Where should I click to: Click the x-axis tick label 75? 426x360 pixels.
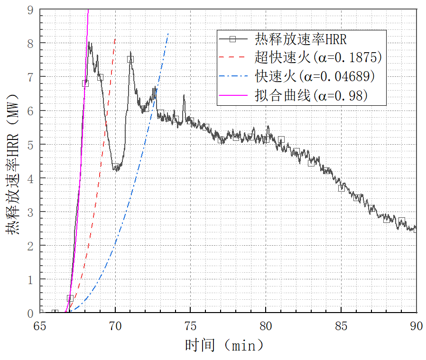tap(191, 326)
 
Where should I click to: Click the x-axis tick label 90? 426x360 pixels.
tap(416, 326)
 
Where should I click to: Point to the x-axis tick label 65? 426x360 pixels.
tap(40, 326)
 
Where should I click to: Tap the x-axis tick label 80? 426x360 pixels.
tap(266, 326)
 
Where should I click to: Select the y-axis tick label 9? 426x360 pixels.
tap(31, 9)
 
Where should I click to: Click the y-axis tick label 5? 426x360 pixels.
tap(31, 144)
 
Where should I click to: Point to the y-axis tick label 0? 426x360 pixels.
tap(31, 313)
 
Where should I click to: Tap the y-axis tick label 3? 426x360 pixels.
tap(31, 212)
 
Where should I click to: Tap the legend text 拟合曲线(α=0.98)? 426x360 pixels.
tap(312, 96)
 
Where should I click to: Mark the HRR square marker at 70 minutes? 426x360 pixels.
tap(115, 166)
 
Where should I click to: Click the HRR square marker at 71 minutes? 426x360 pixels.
tap(130, 59)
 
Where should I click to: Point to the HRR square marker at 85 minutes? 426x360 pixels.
tap(341, 188)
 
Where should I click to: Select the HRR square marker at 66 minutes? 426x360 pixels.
tap(55, 313)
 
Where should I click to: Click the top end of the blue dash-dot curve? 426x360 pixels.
tap(168, 33)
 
